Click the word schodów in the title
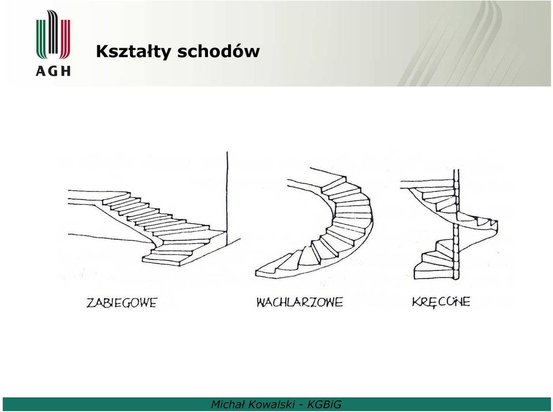pos(218,51)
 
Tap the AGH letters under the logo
pos(53,71)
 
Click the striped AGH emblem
pos(53,35)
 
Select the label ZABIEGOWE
pos(122,303)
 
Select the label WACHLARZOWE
pos(300,303)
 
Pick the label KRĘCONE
pos(441,302)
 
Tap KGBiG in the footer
pos(324,405)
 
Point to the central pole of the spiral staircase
pos(456,224)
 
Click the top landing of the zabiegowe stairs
pos(95,197)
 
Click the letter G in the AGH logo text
pos(54,71)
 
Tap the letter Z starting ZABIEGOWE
pos(90,303)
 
